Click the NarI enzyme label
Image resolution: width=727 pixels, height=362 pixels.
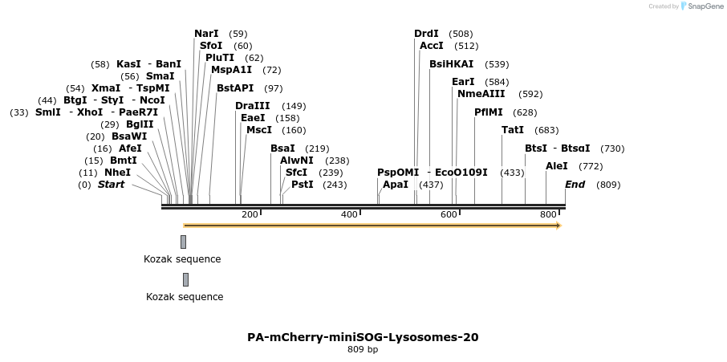(206, 34)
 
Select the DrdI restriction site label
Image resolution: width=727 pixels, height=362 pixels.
(426, 34)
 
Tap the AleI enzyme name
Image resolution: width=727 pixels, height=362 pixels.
(556, 166)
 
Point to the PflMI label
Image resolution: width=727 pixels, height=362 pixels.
(489, 112)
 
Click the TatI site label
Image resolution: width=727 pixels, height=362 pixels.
(513, 130)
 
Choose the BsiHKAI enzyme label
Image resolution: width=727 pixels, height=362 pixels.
(451, 64)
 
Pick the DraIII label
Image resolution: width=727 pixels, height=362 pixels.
(253, 106)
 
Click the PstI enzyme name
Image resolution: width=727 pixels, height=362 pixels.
(302, 185)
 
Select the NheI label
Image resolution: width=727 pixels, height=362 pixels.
(117, 173)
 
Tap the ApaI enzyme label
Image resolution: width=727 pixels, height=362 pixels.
(395, 185)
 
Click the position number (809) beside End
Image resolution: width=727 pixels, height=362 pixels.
(608, 185)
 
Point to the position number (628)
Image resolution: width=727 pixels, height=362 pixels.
(525, 112)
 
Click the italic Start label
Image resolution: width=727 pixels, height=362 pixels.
(111, 185)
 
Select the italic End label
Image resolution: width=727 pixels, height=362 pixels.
(575, 185)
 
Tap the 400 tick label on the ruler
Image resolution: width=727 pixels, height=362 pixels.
(349, 214)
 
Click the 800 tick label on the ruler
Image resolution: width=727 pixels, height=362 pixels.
(548, 214)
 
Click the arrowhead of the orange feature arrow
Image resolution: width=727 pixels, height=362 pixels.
(558, 226)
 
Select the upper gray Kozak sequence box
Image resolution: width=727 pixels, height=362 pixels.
(183, 242)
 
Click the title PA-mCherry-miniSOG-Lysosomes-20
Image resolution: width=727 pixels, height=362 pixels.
(363, 337)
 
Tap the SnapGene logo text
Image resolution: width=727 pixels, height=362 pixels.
(703, 6)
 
